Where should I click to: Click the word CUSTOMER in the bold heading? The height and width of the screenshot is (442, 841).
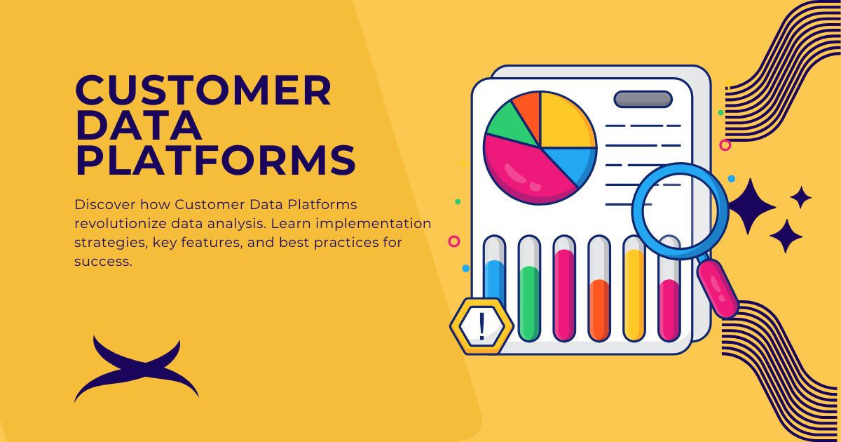(203, 91)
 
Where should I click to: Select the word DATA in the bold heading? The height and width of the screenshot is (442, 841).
(139, 126)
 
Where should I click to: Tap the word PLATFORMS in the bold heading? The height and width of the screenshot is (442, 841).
(215, 161)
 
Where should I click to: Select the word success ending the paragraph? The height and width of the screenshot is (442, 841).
(102, 262)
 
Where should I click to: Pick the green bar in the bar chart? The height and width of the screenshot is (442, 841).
(529, 302)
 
